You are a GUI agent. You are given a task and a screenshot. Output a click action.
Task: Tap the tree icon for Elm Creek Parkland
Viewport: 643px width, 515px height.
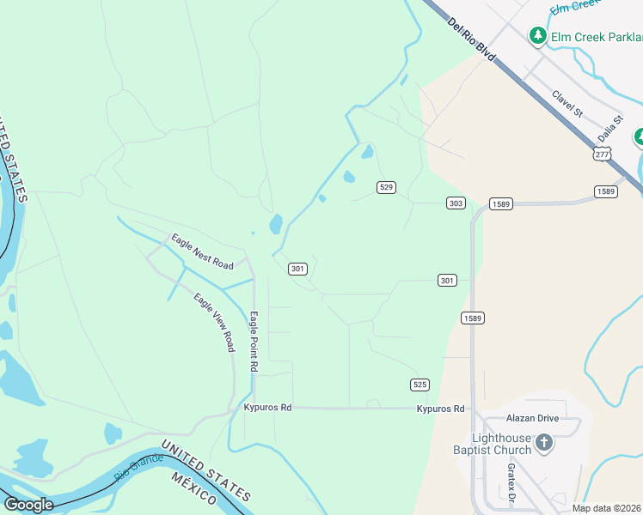pyautogui.click(x=538, y=35)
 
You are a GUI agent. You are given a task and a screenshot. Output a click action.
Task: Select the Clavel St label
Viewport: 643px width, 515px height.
pyautogui.click(x=568, y=105)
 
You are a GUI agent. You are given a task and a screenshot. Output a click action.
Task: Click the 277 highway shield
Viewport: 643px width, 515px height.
pyautogui.click(x=602, y=154)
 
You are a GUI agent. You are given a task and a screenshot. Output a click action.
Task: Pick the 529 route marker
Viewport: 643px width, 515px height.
pyautogui.click(x=386, y=187)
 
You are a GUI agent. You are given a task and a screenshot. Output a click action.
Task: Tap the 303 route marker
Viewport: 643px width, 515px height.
pyautogui.click(x=456, y=203)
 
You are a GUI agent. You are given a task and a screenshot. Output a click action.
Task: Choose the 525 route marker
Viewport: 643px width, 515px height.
pyautogui.click(x=419, y=384)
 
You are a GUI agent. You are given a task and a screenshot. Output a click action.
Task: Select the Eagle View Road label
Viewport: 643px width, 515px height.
pyautogui.click(x=214, y=322)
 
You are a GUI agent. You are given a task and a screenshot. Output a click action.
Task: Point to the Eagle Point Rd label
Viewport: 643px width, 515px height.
pyautogui.click(x=254, y=341)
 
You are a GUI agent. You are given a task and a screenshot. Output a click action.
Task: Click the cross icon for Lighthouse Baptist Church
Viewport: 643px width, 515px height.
pyautogui.click(x=543, y=442)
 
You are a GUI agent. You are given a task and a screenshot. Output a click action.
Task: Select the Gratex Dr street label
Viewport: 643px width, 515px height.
pyautogui.click(x=510, y=483)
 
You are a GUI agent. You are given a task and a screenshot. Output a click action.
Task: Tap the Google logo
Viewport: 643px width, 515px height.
pyautogui.click(x=28, y=505)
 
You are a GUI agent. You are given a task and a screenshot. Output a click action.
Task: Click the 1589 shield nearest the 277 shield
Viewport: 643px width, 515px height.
pyautogui.click(x=605, y=191)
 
